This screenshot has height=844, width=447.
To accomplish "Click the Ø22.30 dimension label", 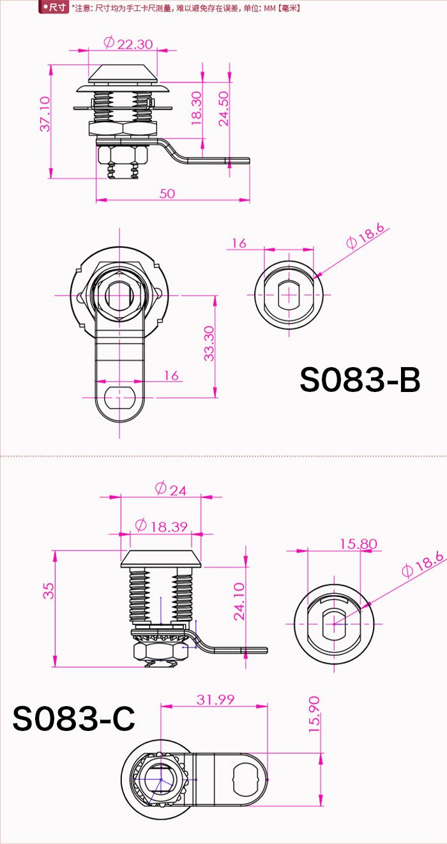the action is click(128, 43).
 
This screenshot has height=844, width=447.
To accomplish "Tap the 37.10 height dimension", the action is click(45, 114).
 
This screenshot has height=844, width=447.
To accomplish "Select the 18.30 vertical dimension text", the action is click(197, 108).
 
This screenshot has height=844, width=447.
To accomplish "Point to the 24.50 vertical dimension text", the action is click(223, 109).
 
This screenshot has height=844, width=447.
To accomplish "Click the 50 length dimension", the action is click(167, 193).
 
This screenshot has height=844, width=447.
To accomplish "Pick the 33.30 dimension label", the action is click(209, 343).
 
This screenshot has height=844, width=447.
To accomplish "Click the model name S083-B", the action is click(360, 380).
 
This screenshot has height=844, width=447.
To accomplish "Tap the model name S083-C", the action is click(74, 718).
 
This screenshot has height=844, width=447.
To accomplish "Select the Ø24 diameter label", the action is click(170, 489).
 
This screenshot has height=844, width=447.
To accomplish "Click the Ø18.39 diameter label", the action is click(162, 525).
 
